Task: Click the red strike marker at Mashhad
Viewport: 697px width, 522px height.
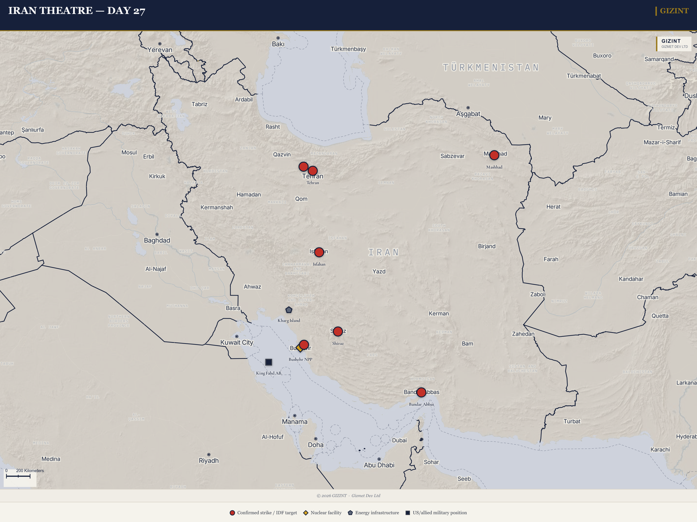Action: (494, 155)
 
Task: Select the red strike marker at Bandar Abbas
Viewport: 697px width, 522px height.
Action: (421, 393)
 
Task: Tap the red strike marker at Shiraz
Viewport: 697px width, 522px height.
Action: (338, 331)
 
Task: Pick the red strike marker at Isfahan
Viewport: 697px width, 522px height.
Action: (319, 252)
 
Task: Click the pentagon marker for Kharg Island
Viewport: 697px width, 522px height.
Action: (289, 310)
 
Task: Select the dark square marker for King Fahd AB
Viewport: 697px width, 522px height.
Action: (269, 362)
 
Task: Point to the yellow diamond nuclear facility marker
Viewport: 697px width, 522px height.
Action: (299, 348)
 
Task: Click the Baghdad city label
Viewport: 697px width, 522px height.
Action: (157, 240)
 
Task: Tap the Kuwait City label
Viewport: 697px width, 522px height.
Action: (237, 342)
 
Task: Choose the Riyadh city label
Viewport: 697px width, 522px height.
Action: (209, 461)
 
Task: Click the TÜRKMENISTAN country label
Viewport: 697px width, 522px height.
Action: (491, 68)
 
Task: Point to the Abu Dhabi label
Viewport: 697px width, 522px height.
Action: (379, 465)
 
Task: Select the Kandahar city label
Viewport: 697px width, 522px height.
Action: (631, 279)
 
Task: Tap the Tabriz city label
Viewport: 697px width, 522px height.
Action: (199, 104)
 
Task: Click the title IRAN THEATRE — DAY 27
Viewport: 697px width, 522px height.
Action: (77, 11)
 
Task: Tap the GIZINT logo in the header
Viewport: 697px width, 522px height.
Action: (674, 11)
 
